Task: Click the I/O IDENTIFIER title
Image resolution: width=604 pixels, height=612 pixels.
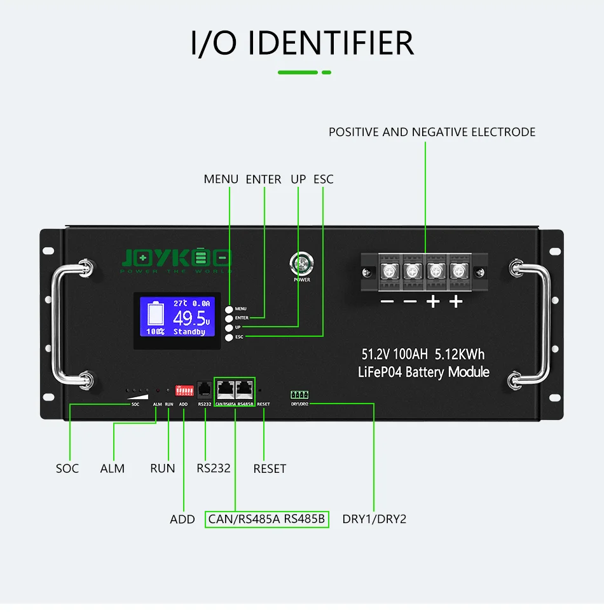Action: pyautogui.click(x=302, y=43)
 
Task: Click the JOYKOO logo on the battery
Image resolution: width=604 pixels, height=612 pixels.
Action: pyautogui.click(x=177, y=258)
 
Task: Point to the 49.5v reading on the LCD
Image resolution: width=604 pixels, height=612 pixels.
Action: pyautogui.click(x=191, y=318)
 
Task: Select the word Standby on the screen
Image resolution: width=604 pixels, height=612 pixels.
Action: pyautogui.click(x=189, y=332)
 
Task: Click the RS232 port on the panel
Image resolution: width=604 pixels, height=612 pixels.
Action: pyautogui.click(x=205, y=389)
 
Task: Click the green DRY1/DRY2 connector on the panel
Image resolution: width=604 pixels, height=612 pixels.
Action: pyautogui.click(x=299, y=395)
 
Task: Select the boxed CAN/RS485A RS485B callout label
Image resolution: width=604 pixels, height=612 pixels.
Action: pyautogui.click(x=267, y=519)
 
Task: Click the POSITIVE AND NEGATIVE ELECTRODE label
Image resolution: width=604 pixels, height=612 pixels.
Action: pyautogui.click(x=432, y=132)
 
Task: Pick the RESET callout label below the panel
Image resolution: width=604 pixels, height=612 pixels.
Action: pyautogui.click(x=270, y=468)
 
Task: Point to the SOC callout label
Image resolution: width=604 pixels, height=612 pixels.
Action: pyautogui.click(x=67, y=468)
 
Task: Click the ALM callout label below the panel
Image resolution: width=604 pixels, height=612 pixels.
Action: pyautogui.click(x=113, y=468)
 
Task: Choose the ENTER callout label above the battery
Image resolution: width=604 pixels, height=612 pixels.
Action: pyautogui.click(x=263, y=179)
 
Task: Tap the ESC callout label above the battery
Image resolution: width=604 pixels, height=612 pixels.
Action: pyautogui.click(x=323, y=179)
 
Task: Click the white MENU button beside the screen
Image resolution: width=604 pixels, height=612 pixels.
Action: pyautogui.click(x=229, y=308)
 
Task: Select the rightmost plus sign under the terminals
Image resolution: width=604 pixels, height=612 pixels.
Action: pyautogui.click(x=456, y=302)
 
